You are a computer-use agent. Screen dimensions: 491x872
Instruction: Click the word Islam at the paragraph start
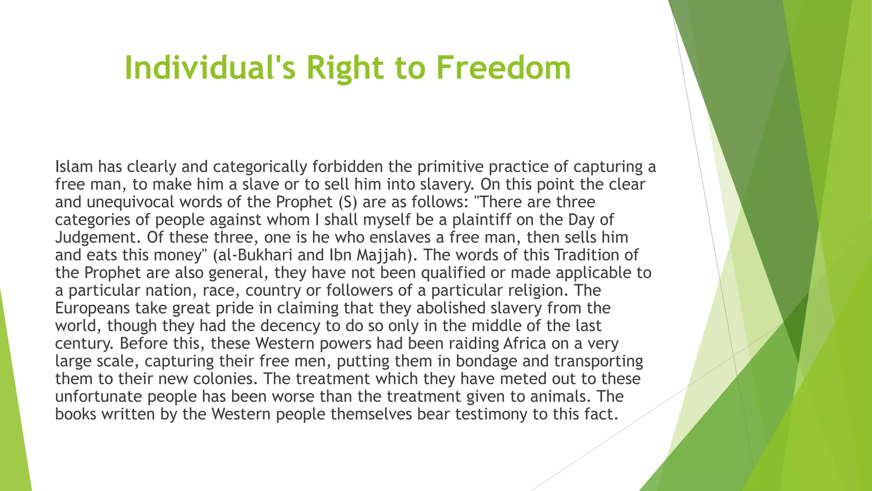coord(74,167)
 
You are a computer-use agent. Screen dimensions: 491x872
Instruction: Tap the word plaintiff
coord(481,220)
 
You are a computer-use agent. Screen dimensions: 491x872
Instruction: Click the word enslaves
coord(405,237)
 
